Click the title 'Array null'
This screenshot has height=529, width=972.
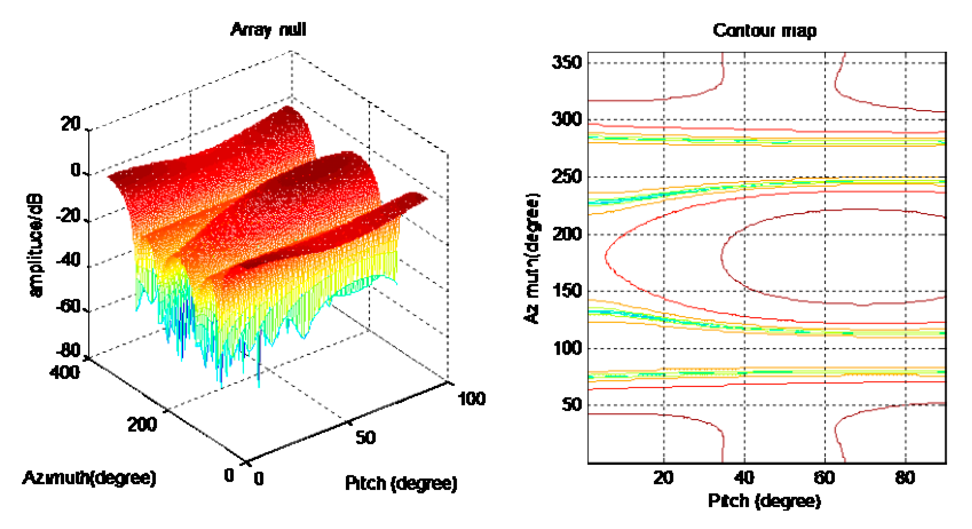pyautogui.click(x=268, y=29)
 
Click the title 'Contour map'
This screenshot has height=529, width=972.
pyautogui.click(x=764, y=30)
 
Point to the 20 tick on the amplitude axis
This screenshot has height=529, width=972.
pyautogui.click(x=71, y=124)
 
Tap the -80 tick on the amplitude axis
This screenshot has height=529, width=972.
pyautogui.click(x=68, y=350)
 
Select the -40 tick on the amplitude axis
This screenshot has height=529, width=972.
pyautogui.click(x=68, y=260)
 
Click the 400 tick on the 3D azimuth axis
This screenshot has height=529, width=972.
pyautogui.click(x=65, y=372)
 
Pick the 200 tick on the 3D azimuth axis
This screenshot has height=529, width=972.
pyautogui.click(x=142, y=425)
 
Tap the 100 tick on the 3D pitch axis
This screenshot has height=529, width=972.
pyautogui.click(x=471, y=399)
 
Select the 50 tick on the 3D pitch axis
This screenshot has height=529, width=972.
pyautogui.click(x=365, y=438)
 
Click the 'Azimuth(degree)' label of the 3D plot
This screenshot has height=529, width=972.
pyautogui.click(x=89, y=478)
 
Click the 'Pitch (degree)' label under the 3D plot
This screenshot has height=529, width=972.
pyautogui.click(x=401, y=483)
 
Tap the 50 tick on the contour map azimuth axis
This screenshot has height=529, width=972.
pyautogui.click(x=571, y=405)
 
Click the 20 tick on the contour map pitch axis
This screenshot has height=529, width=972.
pyautogui.click(x=664, y=478)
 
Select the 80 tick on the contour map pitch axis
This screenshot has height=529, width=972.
pyautogui.click(x=905, y=478)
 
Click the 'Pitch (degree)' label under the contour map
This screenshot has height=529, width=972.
pyautogui.click(x=764, y=501)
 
